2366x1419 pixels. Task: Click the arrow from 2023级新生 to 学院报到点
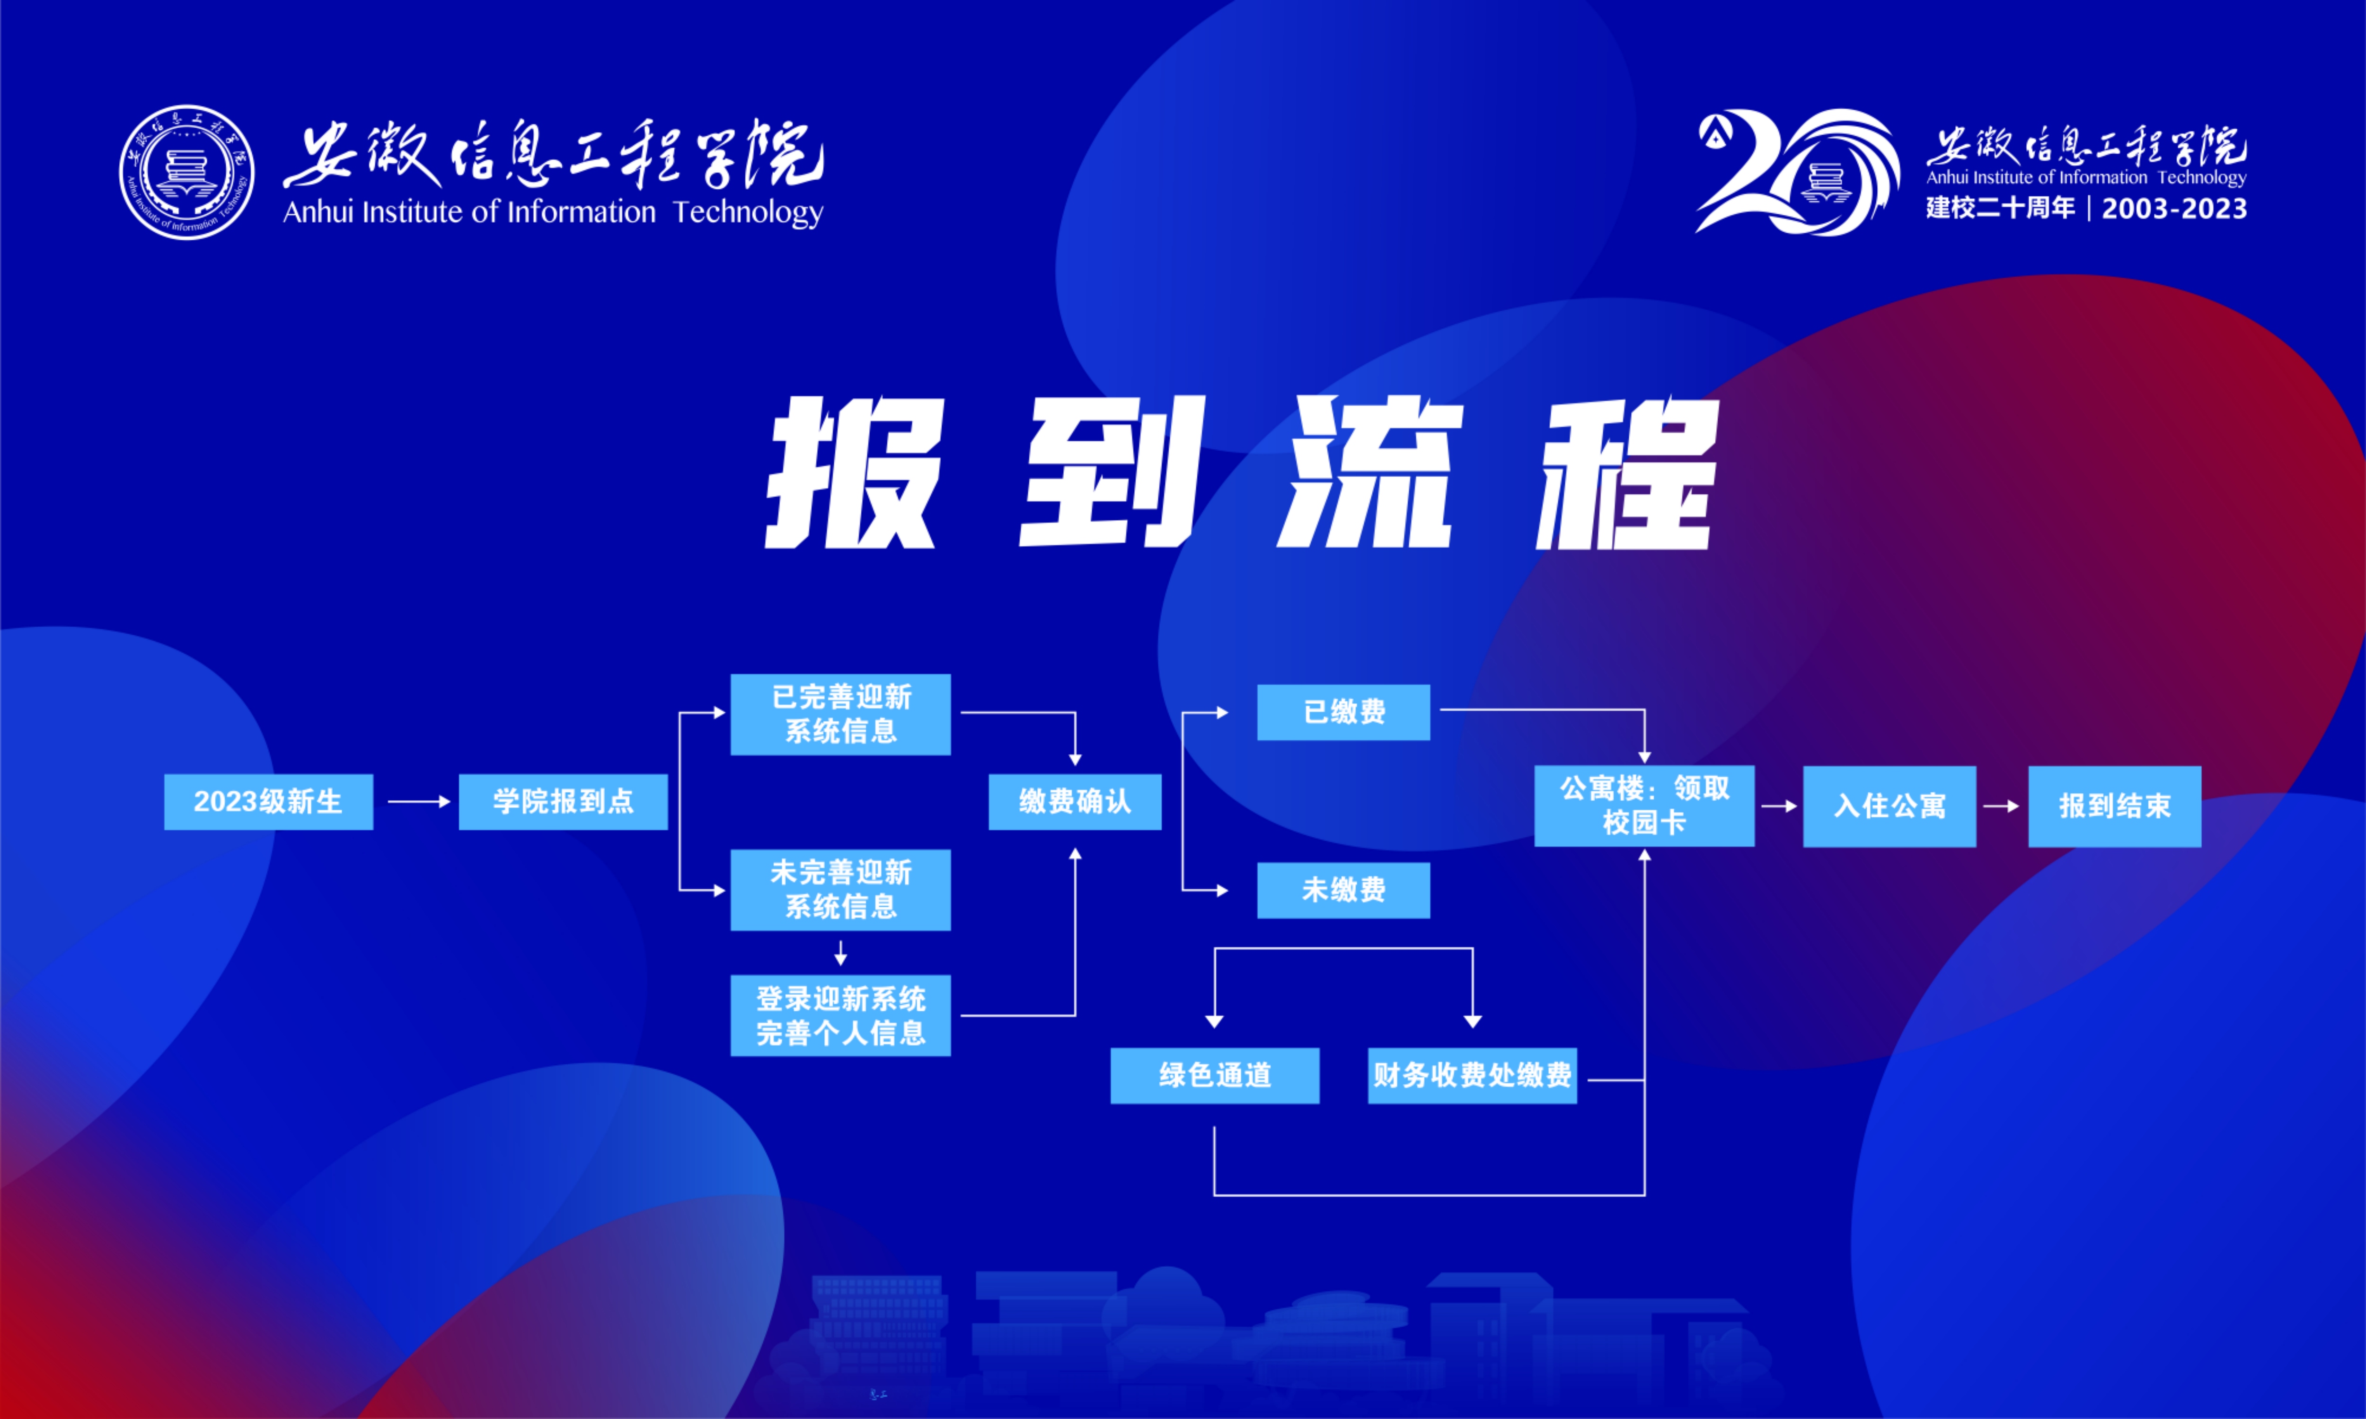point(419,801)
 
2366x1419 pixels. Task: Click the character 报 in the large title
point(854,473)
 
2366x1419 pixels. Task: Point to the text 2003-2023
point(2174,209)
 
